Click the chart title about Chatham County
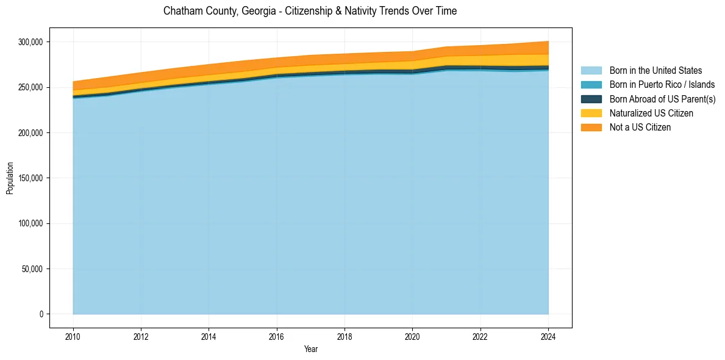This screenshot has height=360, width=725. [x=310, y=11]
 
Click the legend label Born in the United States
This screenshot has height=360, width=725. [x=655, y=71]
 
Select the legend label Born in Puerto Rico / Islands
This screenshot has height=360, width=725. [x=662, y=85]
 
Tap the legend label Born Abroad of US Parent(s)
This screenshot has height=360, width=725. [x=662, y=99]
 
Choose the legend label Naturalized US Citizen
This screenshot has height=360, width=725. [x=651, y=113]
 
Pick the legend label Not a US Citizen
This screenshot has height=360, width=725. [x=640, y=128]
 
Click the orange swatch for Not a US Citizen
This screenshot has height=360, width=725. [x=591, y=128]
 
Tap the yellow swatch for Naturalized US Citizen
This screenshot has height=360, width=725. [x=591, y=113]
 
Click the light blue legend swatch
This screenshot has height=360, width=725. [x=591, y=71]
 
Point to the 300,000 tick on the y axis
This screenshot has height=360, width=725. [x=30, y=42]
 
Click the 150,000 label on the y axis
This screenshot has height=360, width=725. [x=30, y=178]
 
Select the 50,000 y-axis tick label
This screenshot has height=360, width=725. [x=32, y=269]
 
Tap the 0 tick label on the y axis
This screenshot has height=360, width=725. [x=41, y=314]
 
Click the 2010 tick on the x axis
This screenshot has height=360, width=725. [x=73, y=336]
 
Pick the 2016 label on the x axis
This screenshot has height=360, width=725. [x=277, y=336]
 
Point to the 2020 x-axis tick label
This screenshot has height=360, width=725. [x=412, y=336]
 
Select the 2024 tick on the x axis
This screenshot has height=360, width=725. [x=548, y=336]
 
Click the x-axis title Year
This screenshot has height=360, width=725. [x=310, y=350]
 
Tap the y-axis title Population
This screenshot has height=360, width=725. [x=10, y=178]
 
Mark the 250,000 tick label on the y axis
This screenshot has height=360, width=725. [x=30, y=87]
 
